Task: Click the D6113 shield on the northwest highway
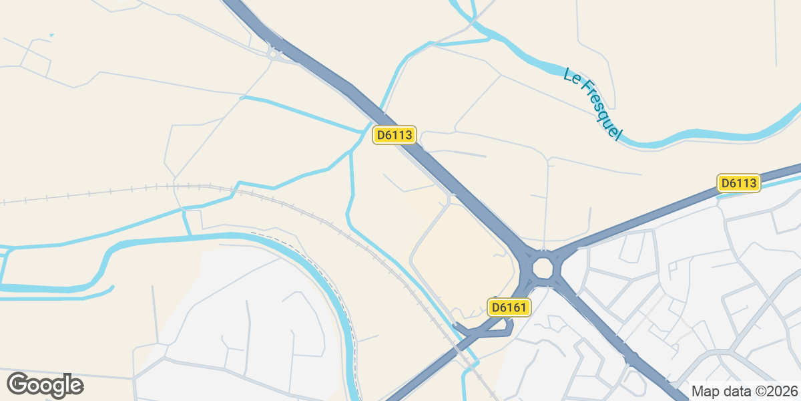(394, 135)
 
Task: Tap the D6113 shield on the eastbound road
(739, 183)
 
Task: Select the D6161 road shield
(510, 307)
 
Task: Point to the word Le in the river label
(571, 76)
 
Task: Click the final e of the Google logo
(74, 386)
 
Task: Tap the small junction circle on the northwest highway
(272, 54)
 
